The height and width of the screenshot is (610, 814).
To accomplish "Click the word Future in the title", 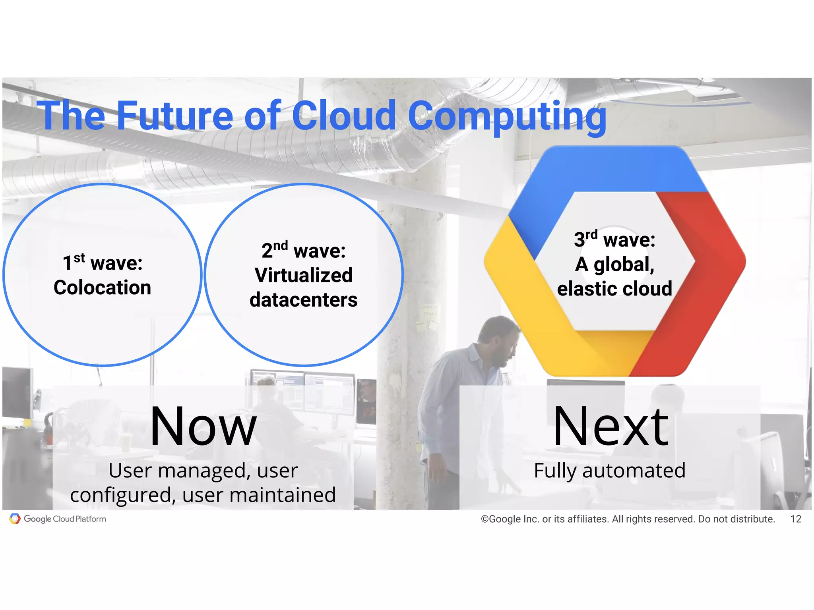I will click(174, 116).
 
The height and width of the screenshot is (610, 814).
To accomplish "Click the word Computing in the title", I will click(507, 116).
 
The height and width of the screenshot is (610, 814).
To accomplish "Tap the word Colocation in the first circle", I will click(103, 288).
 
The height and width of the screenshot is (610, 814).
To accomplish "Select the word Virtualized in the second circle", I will click(304, 275).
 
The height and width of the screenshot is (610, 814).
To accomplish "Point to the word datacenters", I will click(304, 300).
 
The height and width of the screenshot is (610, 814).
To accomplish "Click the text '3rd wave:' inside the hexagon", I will click(614, 239).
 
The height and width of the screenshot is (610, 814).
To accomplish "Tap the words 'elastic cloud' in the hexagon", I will click(614, 289).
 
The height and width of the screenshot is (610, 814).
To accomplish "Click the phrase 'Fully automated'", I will click(610, 471).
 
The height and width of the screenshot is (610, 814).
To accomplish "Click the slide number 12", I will click(796, 519).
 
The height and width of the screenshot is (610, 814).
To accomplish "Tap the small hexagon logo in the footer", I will click(15, 519).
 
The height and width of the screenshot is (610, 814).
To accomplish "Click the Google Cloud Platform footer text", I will click(65, 519).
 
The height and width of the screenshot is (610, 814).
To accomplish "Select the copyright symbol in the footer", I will click(485, 519).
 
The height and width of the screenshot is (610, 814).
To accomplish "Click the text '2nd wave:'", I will click(304, 250).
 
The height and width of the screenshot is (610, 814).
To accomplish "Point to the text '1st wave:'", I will click(103, 263).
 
